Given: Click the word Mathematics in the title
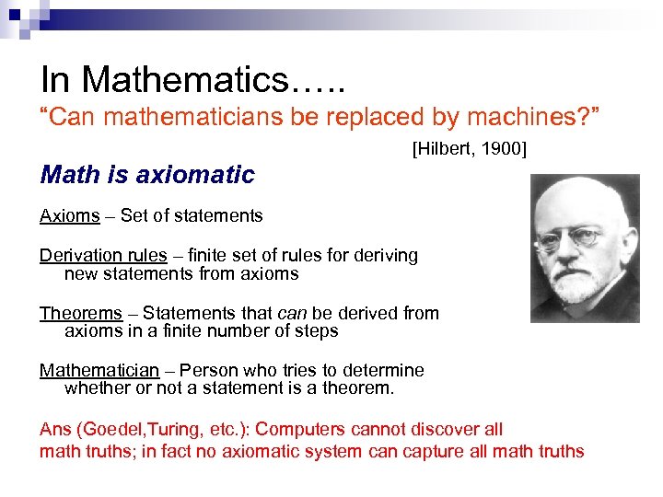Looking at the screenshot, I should pos(185,80).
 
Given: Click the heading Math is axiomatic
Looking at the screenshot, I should pos(147,174).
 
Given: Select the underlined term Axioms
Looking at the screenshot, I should pos(69,215).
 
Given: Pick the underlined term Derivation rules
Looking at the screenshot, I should pos(103,255).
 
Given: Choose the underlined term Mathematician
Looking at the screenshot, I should pos(99,371).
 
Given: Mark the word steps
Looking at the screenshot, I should pos(318,330).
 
